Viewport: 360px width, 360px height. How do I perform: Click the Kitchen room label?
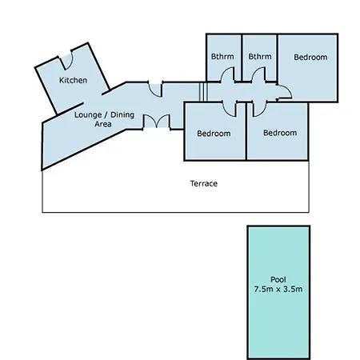(73, 80)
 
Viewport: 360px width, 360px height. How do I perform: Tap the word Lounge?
(88, 115)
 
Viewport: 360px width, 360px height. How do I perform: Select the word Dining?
(122, 115)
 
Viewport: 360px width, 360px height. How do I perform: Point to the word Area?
(103, 124)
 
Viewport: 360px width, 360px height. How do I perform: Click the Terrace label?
(204, 183)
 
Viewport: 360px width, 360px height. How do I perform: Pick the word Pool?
(278, 279)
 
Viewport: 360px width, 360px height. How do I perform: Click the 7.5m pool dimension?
(263, 289)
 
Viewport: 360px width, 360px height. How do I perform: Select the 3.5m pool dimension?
(293, 289)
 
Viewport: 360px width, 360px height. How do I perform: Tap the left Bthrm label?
(222, 57)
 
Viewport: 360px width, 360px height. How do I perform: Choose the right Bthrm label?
(260, 57)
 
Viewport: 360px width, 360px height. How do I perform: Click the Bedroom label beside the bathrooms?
(310, 57)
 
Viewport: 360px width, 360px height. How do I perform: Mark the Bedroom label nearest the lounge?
(214, 134)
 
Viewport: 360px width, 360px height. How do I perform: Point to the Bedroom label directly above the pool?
(280, 133)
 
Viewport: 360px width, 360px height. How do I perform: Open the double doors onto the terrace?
(156, 122)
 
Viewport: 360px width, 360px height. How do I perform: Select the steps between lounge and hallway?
(203, 92)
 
